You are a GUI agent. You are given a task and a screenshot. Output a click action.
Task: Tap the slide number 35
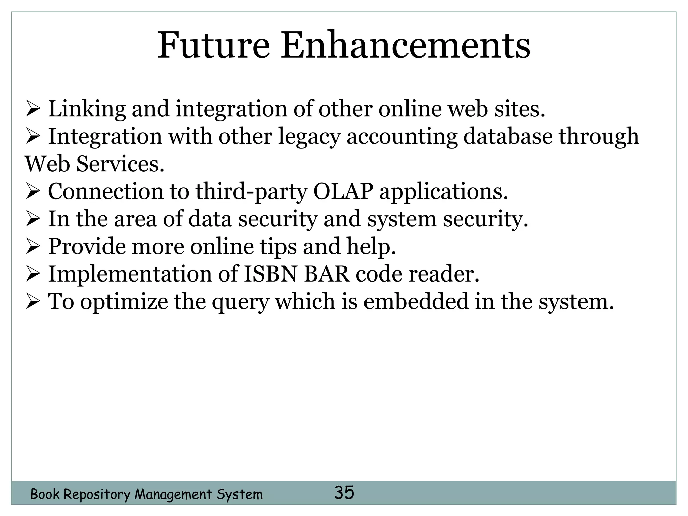coord(344,492)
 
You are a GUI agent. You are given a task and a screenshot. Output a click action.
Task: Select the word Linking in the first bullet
coord(87,110)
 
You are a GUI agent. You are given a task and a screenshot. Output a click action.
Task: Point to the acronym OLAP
coord(343,191)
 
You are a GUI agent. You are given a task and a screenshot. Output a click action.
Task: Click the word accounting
coord(402,137)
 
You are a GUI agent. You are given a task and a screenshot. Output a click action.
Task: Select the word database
coord(508,136)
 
